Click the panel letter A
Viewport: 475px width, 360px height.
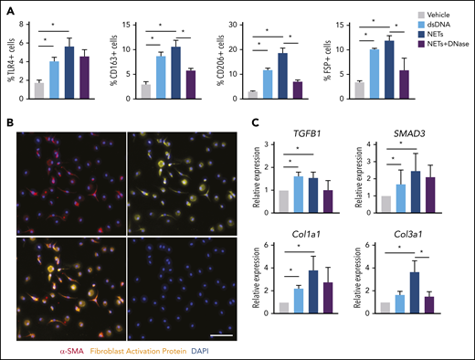coord(10,8)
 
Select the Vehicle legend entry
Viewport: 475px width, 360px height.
coord(436,15)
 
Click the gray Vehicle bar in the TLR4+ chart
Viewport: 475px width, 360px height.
coord(38,89)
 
